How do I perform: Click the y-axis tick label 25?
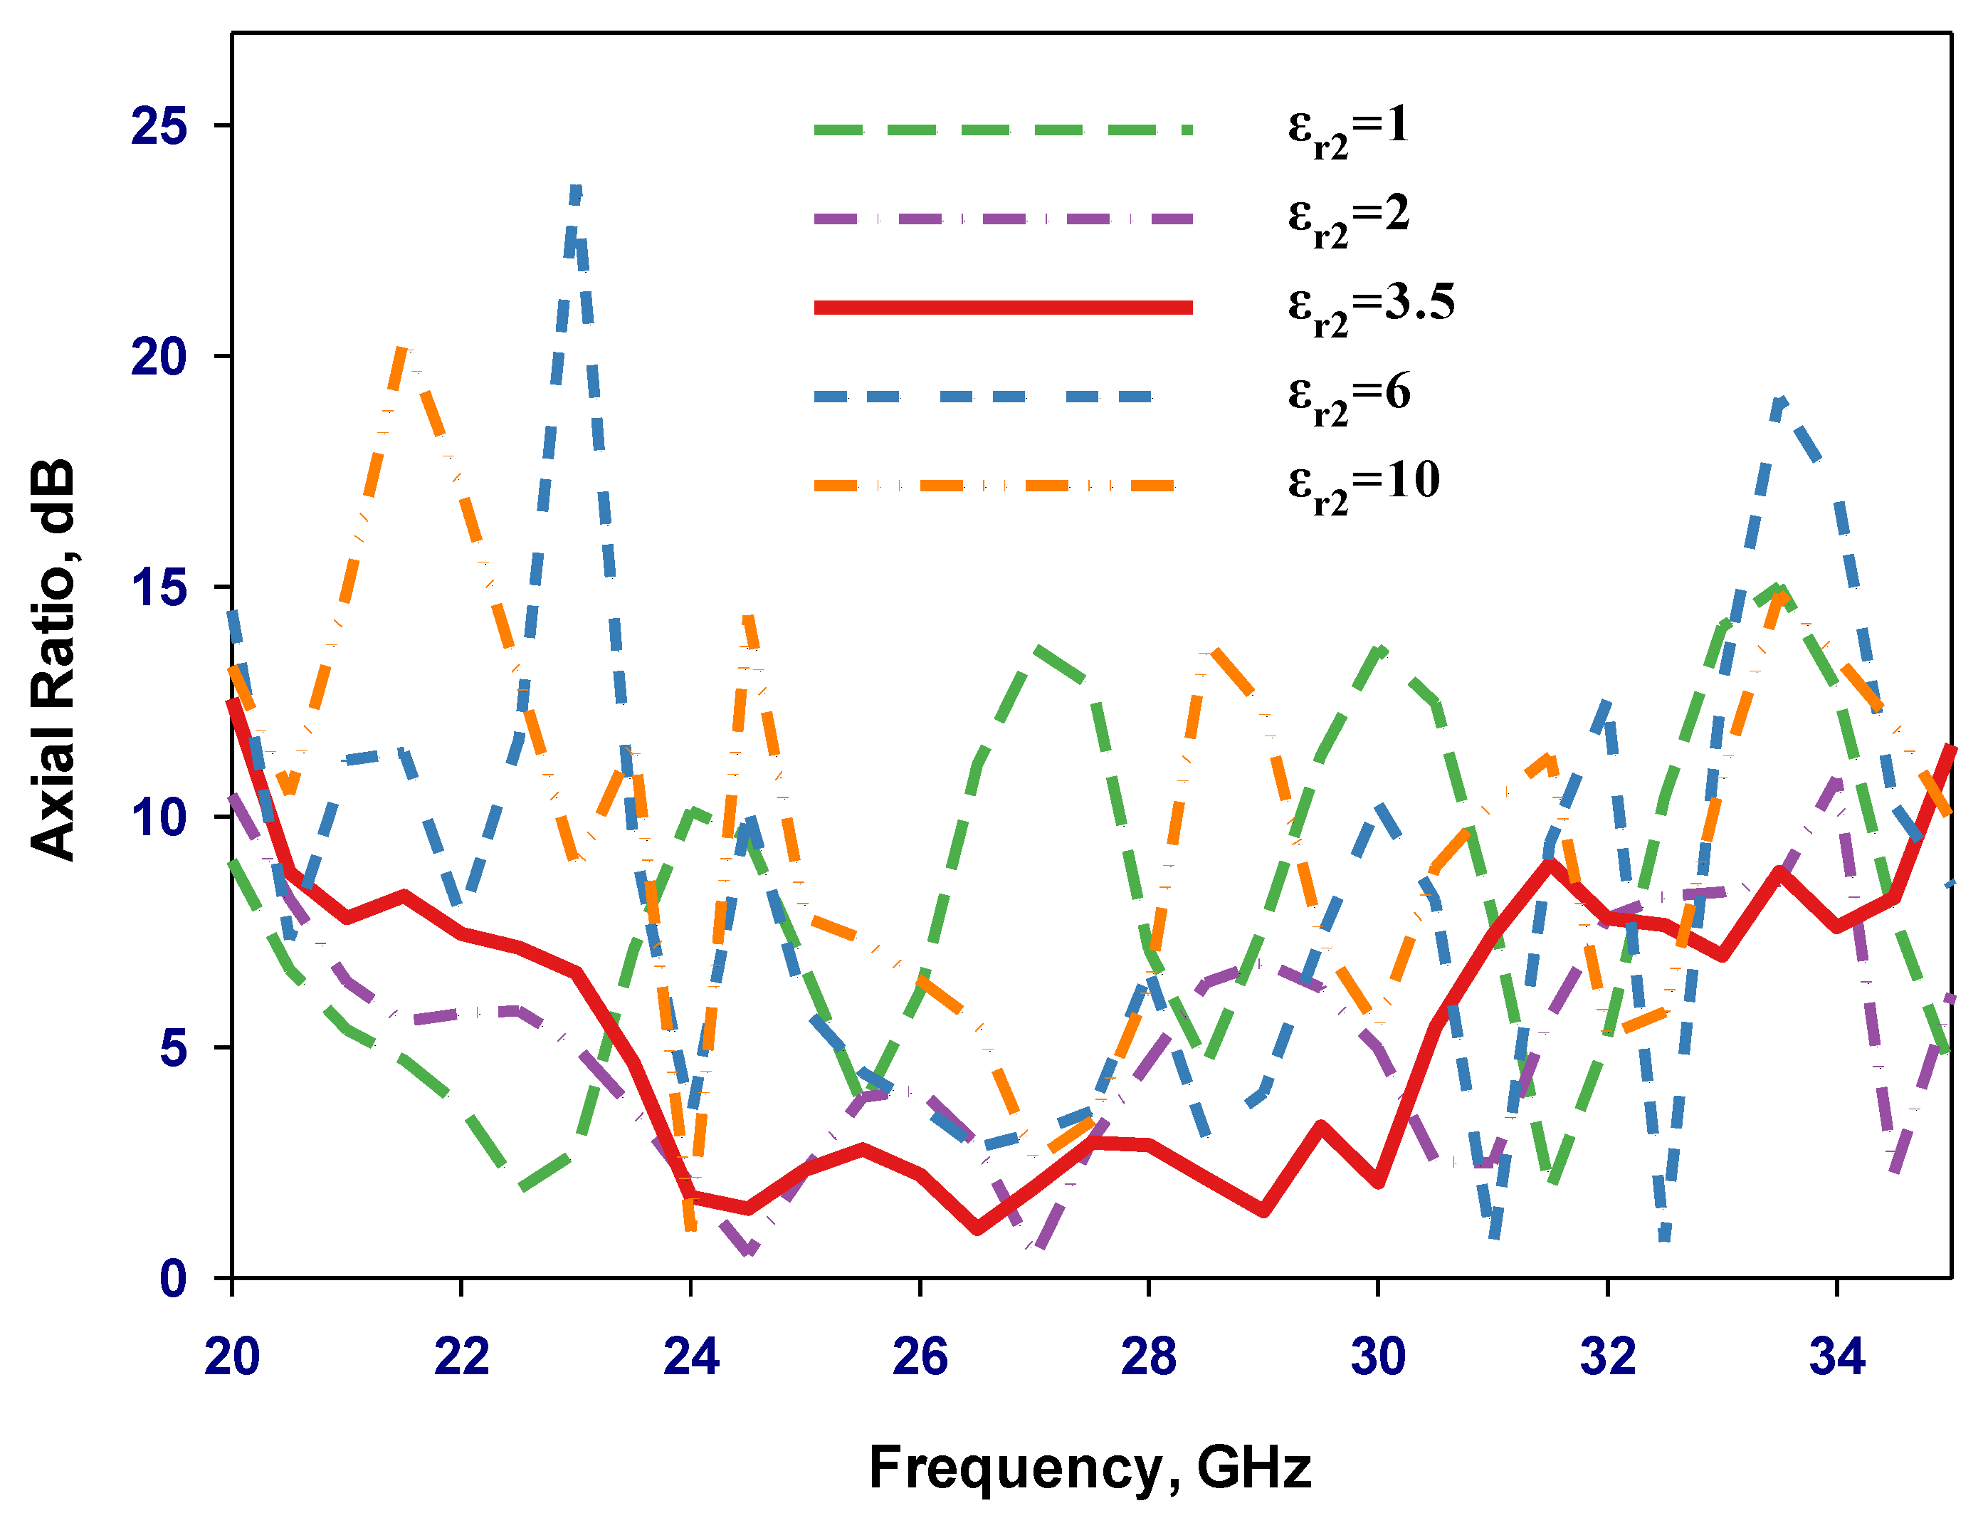point(159,126)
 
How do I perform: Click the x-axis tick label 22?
point(461,1357)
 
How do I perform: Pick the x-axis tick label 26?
point(920,1357)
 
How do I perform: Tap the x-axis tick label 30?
point(1377,1357)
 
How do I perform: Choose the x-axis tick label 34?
point(1836,1357)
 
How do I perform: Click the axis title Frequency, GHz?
point(1090,1467)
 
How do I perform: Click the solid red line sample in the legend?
point(1003,308)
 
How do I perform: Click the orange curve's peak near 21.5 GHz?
point(404,350)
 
